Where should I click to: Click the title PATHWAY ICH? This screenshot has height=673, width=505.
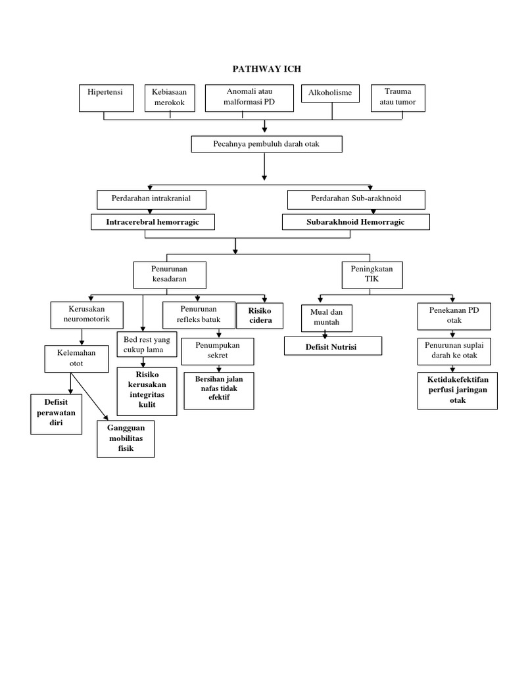coord(266,68)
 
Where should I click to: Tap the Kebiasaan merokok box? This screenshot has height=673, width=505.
coord(170,98)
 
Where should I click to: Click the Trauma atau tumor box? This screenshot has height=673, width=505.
coord(397,98)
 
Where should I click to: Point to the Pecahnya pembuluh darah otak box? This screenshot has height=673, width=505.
coord(266,144)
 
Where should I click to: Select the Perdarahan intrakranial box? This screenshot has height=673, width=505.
coord(152,199)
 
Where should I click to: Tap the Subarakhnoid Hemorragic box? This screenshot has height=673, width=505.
coord(356,222)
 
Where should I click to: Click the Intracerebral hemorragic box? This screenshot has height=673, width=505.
coord(153,222)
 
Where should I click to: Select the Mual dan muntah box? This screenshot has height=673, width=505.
coord(327,317)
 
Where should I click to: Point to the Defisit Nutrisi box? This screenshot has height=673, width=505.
coord(333,346)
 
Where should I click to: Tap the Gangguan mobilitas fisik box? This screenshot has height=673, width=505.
coord(125,438)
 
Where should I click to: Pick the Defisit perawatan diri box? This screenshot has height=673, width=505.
coord(57,414)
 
